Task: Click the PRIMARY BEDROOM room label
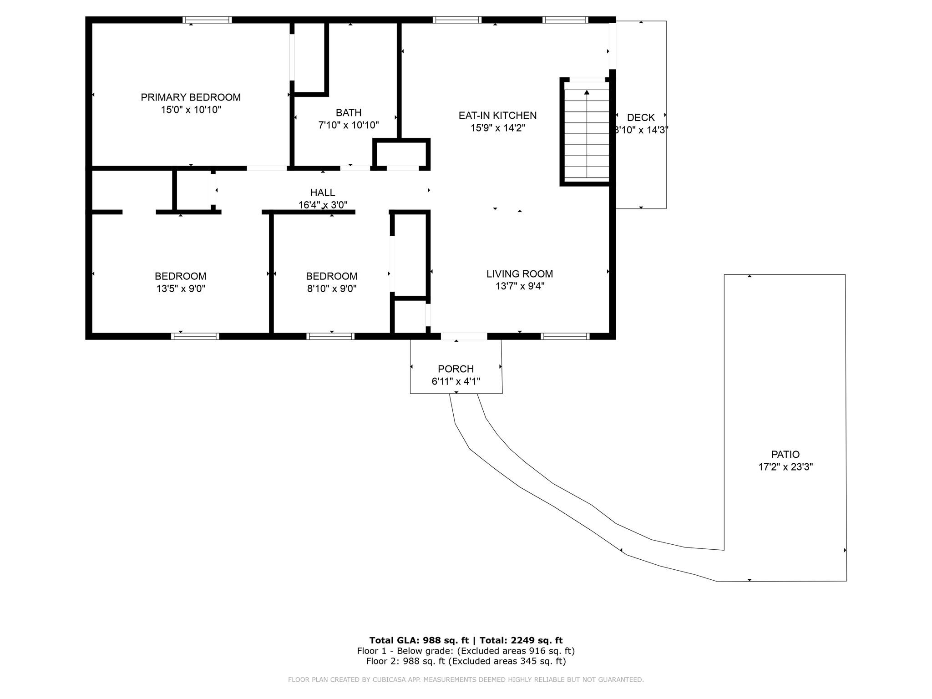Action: click(191, 97)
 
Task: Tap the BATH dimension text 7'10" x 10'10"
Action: click(349, 125)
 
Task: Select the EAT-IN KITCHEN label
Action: click(498, 116)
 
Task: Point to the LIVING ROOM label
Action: click(520, 274)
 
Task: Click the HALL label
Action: click(323, 192)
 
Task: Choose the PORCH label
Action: click(456, 369)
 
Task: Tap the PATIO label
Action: click(785, 454)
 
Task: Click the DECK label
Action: click(641, 118)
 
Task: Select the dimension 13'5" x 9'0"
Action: click(181, 289)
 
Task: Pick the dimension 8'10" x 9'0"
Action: click(332, 289)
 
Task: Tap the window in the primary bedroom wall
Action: click(207, 20)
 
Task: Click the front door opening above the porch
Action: click(464, 336)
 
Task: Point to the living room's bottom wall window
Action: click(565, 336)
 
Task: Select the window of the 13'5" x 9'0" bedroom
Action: click(195, 336)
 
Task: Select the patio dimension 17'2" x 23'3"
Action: click(785, 467)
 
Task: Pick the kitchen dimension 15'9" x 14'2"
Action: click(498, 128)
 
